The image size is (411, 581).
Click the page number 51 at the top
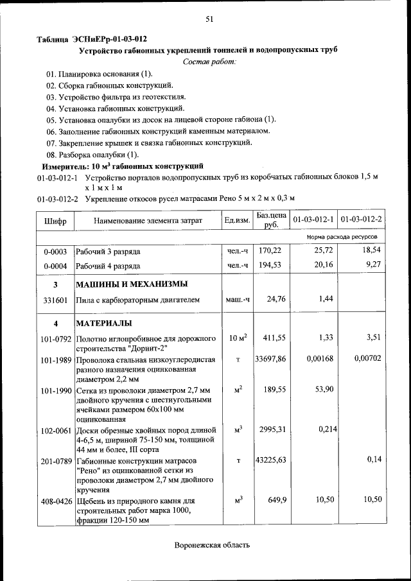pyautogui.click(x=209, y=19)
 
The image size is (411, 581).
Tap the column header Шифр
pyautogui.click(x=55, y=220)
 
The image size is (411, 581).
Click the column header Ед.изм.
pyautogui.click(x=237, y=220)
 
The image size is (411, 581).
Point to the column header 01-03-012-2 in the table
pyautogui.click(x=362, y=220)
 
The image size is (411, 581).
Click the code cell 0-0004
pyautogui.click(x=55, y=265)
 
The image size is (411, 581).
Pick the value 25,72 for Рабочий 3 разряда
pyautogui.click(x=321, y=250)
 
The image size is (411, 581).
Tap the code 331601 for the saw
pyautogui.click(x=55, y=299)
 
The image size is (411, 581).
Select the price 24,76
pyautogui.click(x=275, y=299)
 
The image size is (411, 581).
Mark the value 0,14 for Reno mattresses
pyautogui.click(x=374, y=460)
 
